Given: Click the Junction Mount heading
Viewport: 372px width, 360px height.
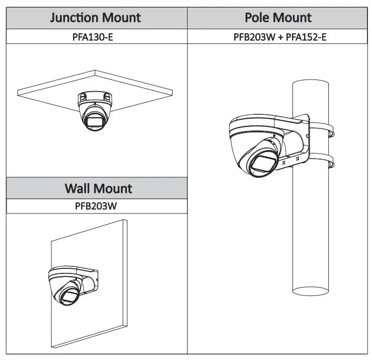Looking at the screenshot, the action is click(95, 18).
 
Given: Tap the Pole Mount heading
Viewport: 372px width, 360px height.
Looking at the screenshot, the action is click(278, 17).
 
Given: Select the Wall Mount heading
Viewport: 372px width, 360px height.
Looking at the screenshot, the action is click(98, 188).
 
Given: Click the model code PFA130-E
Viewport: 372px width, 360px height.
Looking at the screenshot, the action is click(93, 37).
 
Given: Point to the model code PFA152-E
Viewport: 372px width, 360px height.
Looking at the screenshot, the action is click(306, 37).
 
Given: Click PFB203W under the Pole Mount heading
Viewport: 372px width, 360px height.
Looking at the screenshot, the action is click(254, 37).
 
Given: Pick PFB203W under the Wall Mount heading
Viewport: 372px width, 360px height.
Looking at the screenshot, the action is click(96, 206).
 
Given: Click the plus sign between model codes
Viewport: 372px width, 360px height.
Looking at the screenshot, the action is click(281, 37).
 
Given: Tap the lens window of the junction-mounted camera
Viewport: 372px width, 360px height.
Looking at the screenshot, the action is click(95, 121).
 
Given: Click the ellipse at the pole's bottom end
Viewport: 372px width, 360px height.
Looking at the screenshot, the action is click(311, 291).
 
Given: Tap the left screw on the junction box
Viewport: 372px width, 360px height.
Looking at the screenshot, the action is click(83, 97).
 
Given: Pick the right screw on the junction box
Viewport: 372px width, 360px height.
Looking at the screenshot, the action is click(107, 97).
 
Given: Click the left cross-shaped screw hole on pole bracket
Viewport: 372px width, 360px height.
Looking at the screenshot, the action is click(284, 163).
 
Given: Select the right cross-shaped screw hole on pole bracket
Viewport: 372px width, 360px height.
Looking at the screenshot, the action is click(297, 159).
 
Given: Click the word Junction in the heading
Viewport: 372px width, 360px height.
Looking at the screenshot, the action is click(75, 18).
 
